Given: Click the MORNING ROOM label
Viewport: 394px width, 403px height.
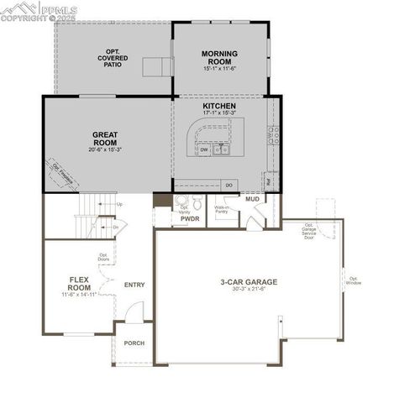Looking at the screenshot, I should pyautogui.click(x=219, y=57).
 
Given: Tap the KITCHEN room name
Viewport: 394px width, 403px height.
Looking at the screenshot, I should pyautogui.click(x=219, y=107).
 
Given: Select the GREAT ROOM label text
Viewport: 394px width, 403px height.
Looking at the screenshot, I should pyautogui.click(x=105, y=138).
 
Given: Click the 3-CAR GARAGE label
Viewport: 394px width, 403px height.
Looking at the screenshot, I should pyautogui.click(x=249, y=282).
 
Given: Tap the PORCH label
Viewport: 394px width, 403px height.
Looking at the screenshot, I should pyautogui.click(x=134, y=343).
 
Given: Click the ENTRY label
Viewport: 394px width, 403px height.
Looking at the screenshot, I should pyautogui.click(x=134, y=285).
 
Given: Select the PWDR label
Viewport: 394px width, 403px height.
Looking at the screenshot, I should pyautogui.click(x=189, y=218).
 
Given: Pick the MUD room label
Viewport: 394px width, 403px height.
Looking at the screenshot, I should pyautogui.click(x=253, y=199).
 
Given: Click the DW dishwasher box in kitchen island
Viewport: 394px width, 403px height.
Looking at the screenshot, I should pyautogui.click(x=204, y=150).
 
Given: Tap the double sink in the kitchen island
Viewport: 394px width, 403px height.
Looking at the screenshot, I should pyautogui.click(x=222, y=149).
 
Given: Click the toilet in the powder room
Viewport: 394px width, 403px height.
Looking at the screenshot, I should pyautogui.click(x=197, y=202).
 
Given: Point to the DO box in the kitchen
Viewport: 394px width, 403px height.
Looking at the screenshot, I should pyautogui.click(x=229, y=184).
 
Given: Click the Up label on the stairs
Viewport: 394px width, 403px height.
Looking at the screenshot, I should pyautogui.click(x=120, y=204).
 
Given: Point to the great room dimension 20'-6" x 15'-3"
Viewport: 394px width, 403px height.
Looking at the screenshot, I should pyautogui.click(x=105, y=149).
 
